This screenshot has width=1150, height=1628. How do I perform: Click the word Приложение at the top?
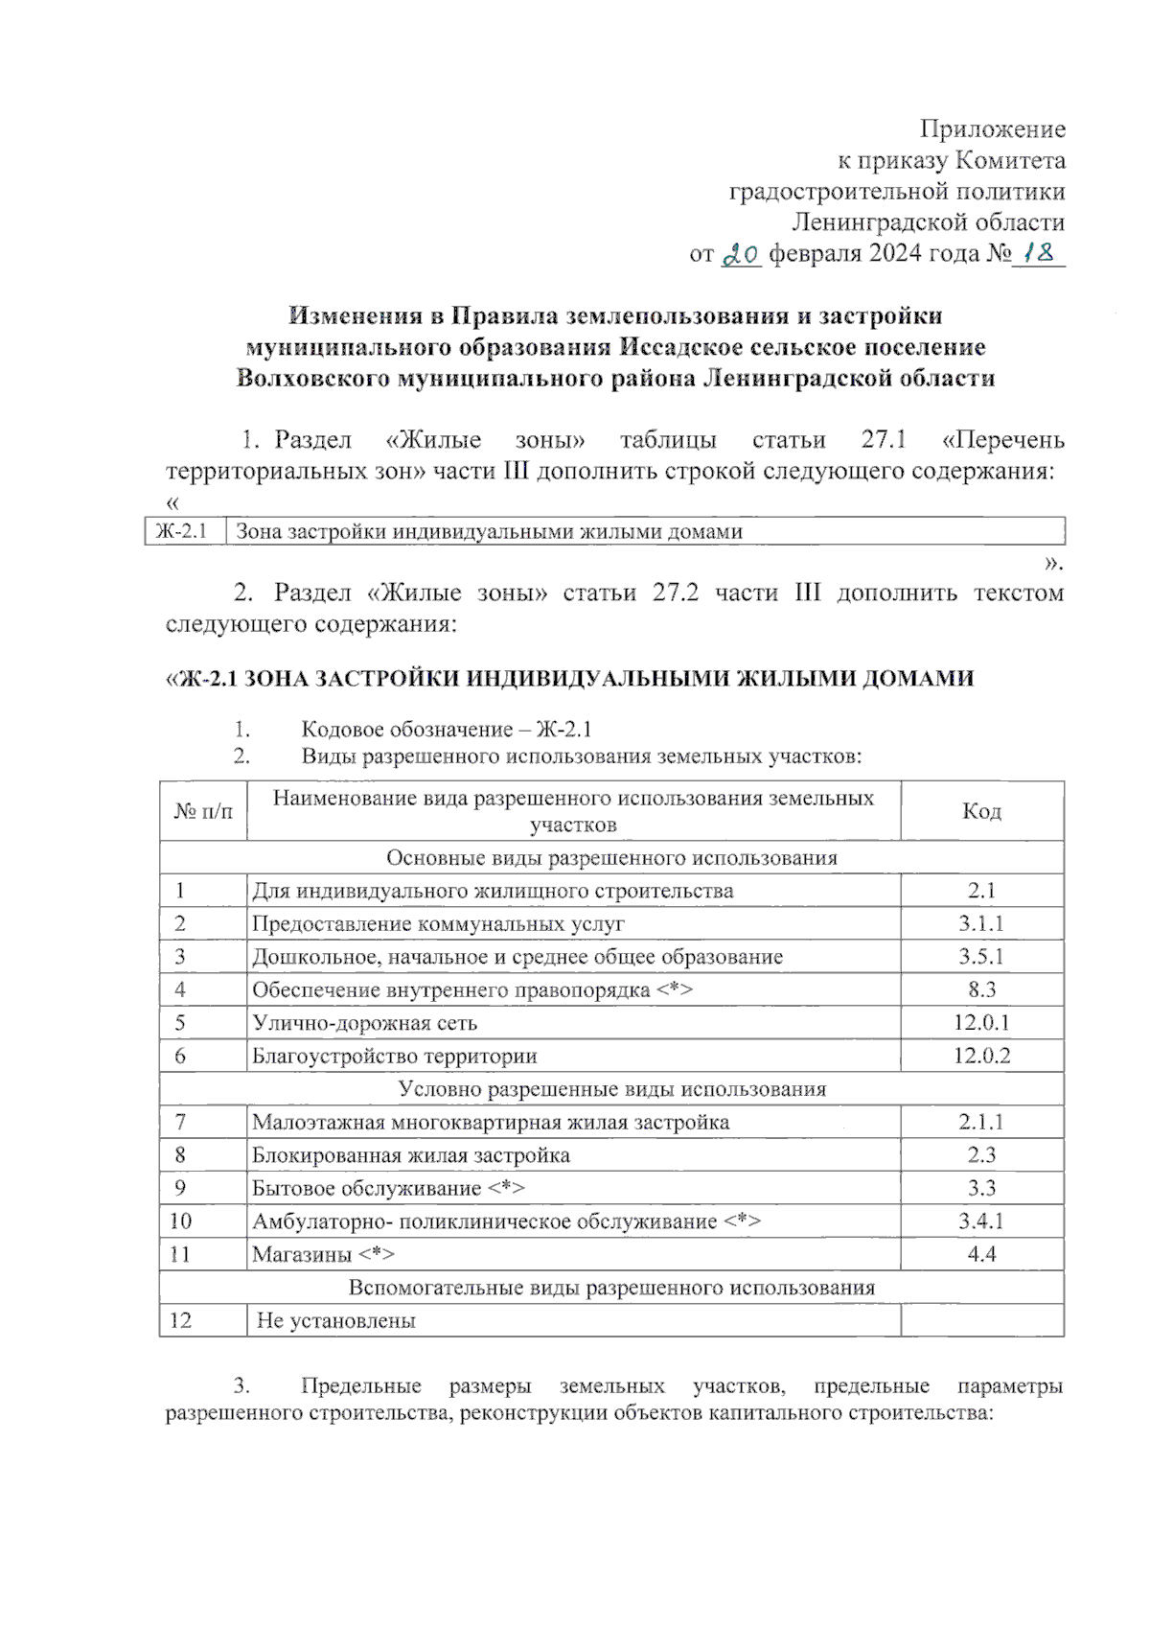click(992, 128)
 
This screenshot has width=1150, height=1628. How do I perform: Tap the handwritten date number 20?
click(741, 255)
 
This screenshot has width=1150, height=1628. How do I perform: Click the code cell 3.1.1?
click(981, 924)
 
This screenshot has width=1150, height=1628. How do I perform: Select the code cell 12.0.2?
click(981, 1057)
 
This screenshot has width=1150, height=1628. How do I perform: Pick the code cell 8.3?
click(981, 990)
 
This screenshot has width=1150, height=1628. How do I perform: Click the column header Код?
click(981, 811)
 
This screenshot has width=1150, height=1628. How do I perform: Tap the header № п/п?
click(203, 812)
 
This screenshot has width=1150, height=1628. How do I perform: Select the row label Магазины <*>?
click(323, 1255)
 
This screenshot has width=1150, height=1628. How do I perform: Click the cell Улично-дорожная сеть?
click(364, 1024)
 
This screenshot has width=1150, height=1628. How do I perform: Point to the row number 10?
click(180, 1221)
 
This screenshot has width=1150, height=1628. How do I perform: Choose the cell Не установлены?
click(336, 1321)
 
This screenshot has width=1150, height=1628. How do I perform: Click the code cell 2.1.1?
click(981, 1123)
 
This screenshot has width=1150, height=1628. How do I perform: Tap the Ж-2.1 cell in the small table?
click(182, 531)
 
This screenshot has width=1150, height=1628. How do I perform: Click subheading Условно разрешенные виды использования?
click(611, 1089)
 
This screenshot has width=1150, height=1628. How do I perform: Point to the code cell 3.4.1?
click(981, 1221)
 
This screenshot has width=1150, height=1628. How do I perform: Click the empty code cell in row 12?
click(981, 1321)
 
